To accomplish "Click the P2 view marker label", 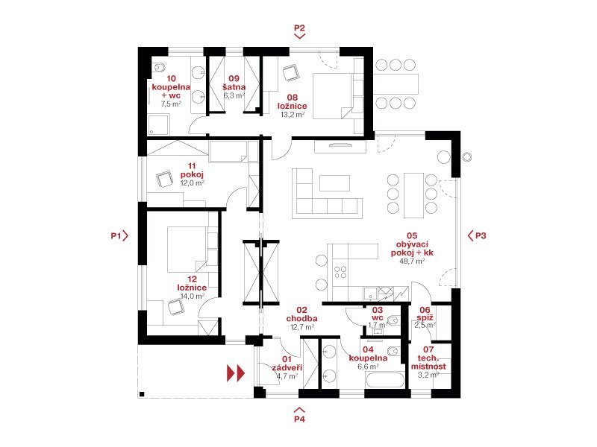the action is (x=300, y=28).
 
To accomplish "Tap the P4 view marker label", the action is (x=300, y=419).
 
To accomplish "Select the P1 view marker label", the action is (x=116, y=235).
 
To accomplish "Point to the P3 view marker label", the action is (x=481, y=235).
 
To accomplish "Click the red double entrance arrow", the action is (x=236, y=373).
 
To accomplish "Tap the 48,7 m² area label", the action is (x=412, y=261).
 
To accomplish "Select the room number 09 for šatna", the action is (x=234, y=78).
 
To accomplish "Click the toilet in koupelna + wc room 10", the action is (x=158, y=68).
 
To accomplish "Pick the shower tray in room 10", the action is (x=158, y=124).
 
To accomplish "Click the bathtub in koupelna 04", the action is (x=385, y=381).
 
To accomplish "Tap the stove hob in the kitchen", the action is (x=340, y=272).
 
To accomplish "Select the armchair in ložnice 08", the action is (x=291, y=72).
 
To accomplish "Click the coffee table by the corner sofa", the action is (x=334, y=183).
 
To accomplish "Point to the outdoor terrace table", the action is (x=396, y=84).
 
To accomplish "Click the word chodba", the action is (x=302, y=319).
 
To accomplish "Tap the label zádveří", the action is (x=287, y=368).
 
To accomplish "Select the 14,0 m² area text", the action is (x=193, y=296).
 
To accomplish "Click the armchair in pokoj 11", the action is (x=164, y=179).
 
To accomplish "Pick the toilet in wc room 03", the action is (x=393, y=320).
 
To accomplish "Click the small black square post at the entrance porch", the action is (x=142, y=394).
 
